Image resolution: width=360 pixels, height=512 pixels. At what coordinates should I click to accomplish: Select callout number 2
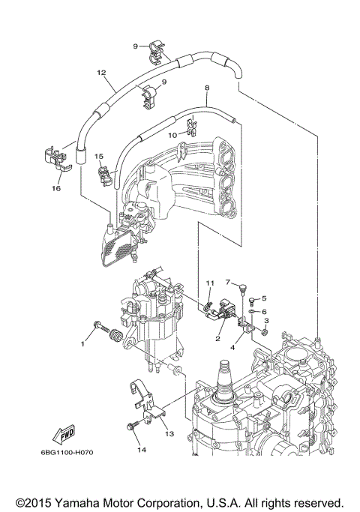(x=217, y=339)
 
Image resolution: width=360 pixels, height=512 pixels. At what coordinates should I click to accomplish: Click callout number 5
(x=264, y=299)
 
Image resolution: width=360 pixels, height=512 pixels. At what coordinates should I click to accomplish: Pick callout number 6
(x=264, y=311)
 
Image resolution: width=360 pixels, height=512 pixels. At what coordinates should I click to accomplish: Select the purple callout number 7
(x=226, y=283)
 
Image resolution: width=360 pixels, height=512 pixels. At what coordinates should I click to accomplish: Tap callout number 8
(x=206, y=88)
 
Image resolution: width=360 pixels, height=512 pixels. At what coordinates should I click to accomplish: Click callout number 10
(x=172, y=135)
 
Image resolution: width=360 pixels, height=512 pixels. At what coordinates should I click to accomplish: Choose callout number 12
(x=100, y=73)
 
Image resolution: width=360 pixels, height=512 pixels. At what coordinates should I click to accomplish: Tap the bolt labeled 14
(x=132, y=427)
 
